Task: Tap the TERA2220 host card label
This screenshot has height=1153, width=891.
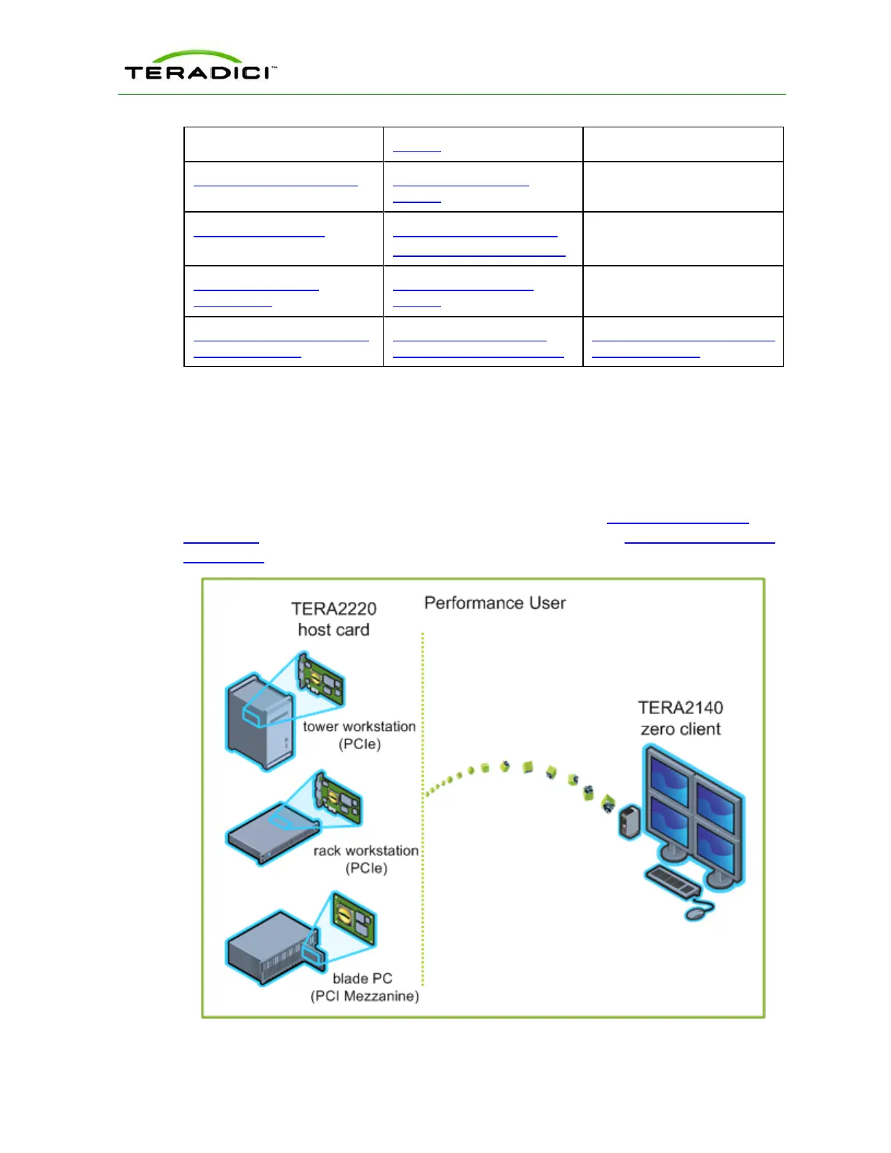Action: [334, 619]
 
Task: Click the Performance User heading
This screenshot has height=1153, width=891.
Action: [495, 603]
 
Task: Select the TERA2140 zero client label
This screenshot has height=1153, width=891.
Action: [681, 718]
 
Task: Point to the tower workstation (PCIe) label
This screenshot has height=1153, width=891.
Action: [360, 735]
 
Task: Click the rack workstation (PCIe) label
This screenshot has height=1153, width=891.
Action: [366, 859]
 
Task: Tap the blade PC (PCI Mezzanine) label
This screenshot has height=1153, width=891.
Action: [364, 987]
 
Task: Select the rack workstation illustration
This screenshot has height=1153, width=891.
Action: [273, 833]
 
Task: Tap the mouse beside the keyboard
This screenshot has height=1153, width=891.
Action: [700, 909]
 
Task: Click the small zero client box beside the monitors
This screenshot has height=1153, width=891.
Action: [629, 822]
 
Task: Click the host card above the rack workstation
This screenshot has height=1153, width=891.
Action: [338, 799]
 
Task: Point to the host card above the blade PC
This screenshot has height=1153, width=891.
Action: [355, 919]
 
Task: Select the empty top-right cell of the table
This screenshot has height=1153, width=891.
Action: [683, 144]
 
